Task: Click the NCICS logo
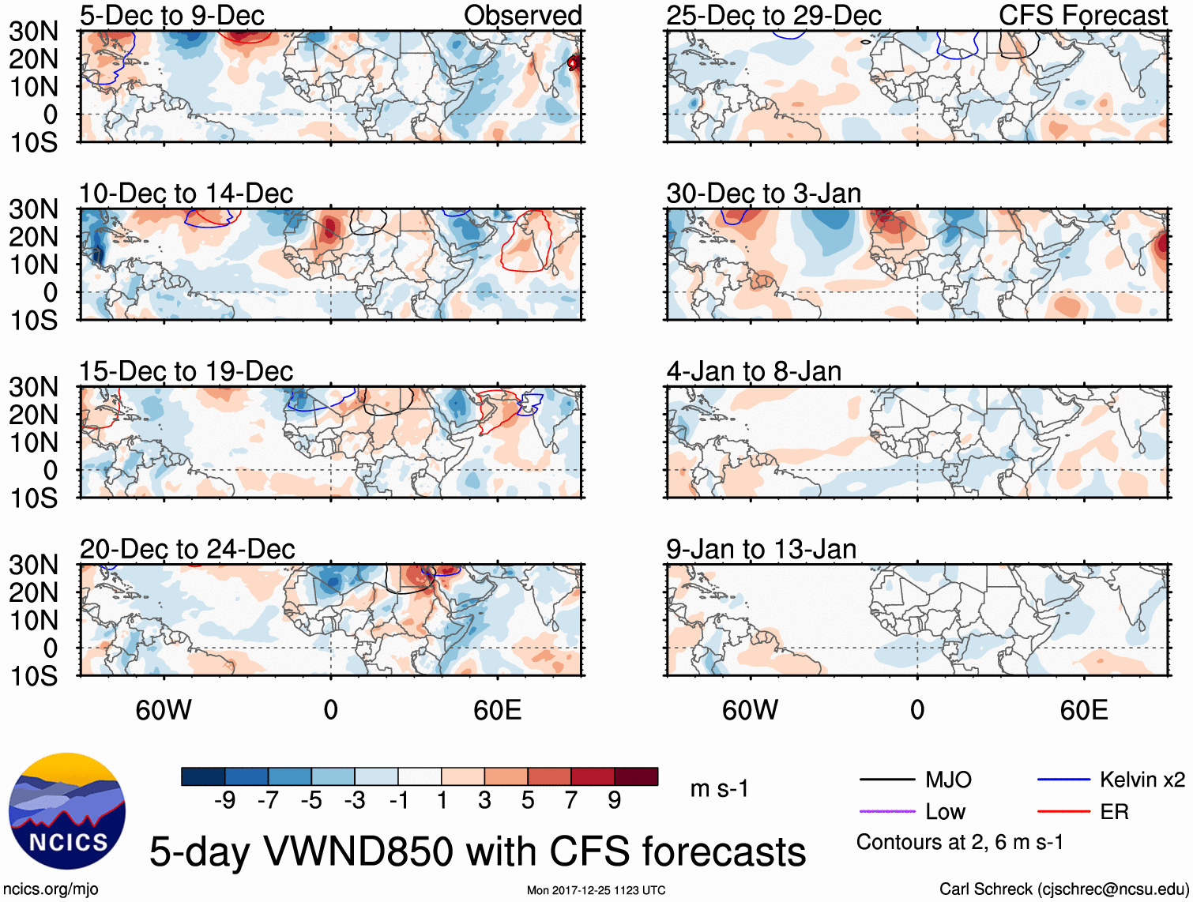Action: (x=66, y=811)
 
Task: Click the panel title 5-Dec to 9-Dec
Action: (x=171, y=16)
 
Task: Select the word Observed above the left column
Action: (x=522, y=16)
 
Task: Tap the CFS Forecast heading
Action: (x=1082, y=16)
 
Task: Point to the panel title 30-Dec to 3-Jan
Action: (x=763, y=194)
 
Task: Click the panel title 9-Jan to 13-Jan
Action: (x=761, y=549)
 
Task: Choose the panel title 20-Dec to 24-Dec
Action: (x=186, y=549)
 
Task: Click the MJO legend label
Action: (x=948, y=780)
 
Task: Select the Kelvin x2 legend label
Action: (x=1142, y=780)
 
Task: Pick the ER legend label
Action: (x=1114, y=812)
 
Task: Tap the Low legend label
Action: (x=945, y=812)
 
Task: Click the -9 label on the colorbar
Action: (x=224, y=801)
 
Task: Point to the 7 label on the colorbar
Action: (x=571, y=801)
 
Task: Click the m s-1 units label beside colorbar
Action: (x=719, y=789)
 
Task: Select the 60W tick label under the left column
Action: (x=164, y=710)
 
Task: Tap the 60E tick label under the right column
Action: (x=1083, y=710)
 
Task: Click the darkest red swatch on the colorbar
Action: (x=636, y=776)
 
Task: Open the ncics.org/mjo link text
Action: (x=51, y=889)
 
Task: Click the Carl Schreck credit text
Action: (x=1063, y=889)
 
